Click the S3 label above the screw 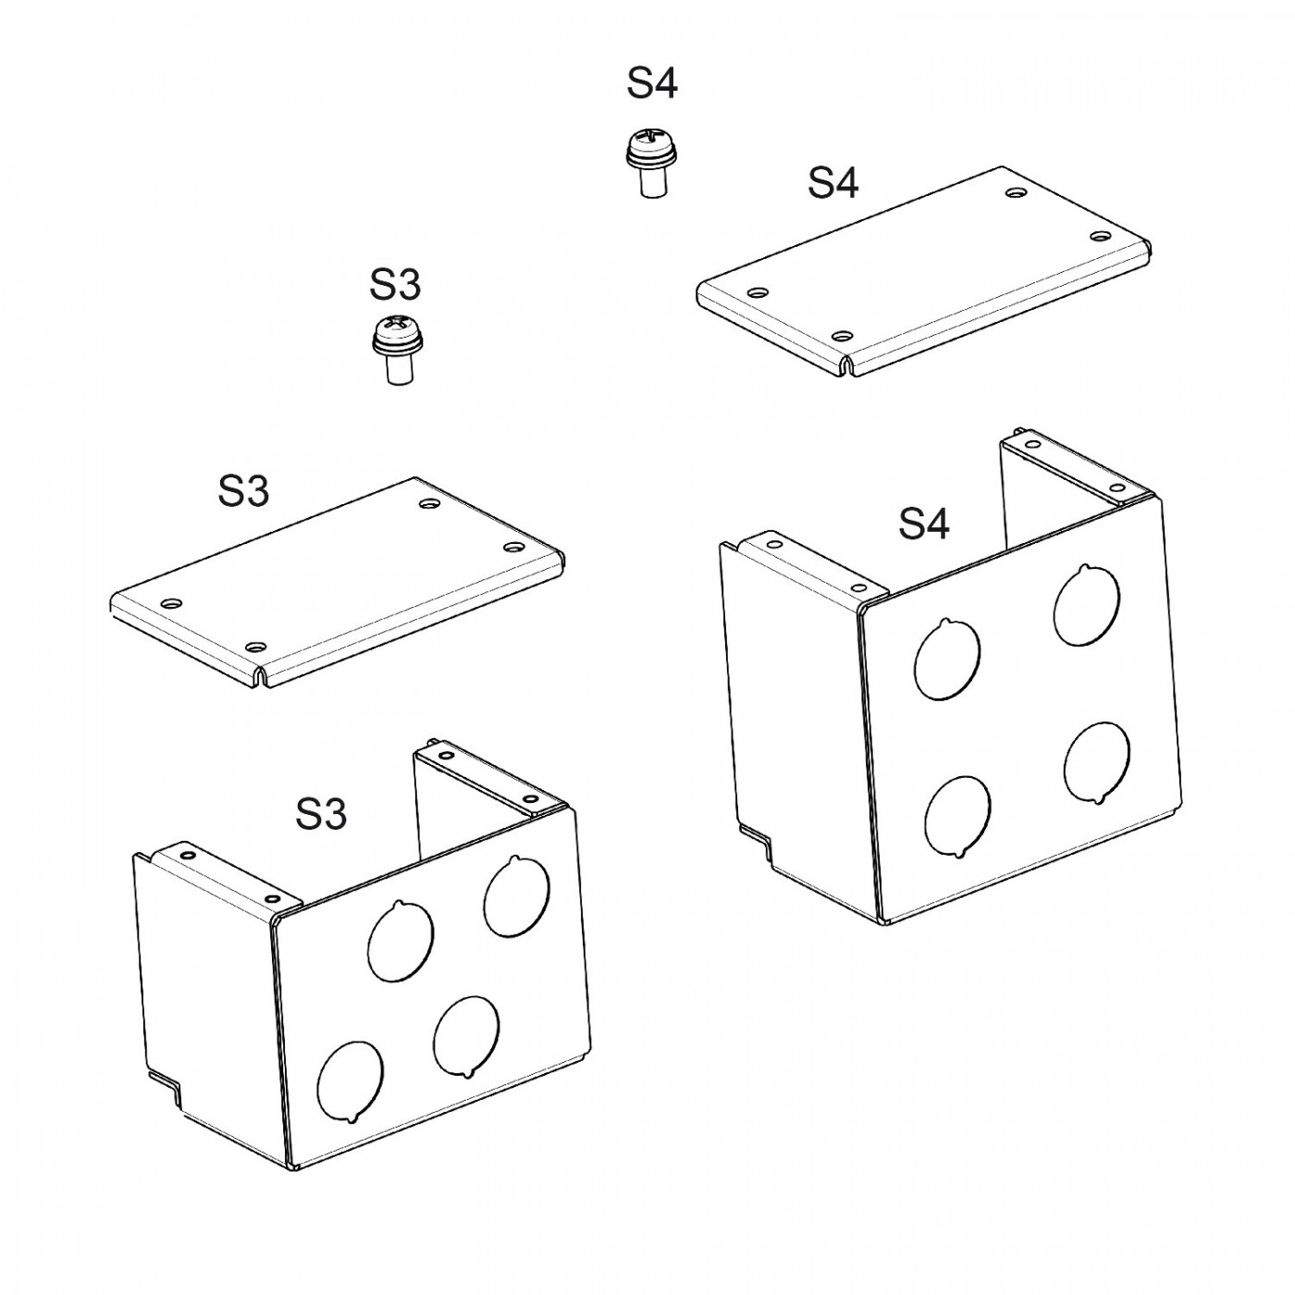point(395,284)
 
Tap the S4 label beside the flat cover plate point(833,182)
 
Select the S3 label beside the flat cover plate point(243,490)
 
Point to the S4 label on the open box point(924,524)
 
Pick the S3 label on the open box point(321,815)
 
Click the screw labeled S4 point(651,164)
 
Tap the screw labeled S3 point(398,351)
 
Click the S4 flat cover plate point(923,271)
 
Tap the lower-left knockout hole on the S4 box point(957,817)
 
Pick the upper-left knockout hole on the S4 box point(947,660)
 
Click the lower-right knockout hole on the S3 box point(466,1038)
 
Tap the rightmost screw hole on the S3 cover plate point(514,547)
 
